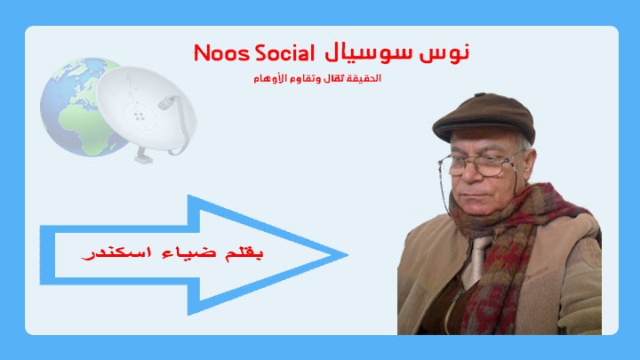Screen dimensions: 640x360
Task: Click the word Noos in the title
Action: (220, 53)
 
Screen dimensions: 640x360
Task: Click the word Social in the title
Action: (284, 53)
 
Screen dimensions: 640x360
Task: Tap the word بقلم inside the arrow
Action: (244, 253)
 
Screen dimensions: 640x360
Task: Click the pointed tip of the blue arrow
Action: (347, 255)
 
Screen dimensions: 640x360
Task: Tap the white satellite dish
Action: (146, 111)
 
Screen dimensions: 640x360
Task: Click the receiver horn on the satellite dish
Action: (167, 102)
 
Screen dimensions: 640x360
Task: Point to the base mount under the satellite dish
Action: (144, 156)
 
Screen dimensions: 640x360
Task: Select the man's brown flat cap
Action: (484, 117)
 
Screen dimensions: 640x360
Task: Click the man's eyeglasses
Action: (481, 164)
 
